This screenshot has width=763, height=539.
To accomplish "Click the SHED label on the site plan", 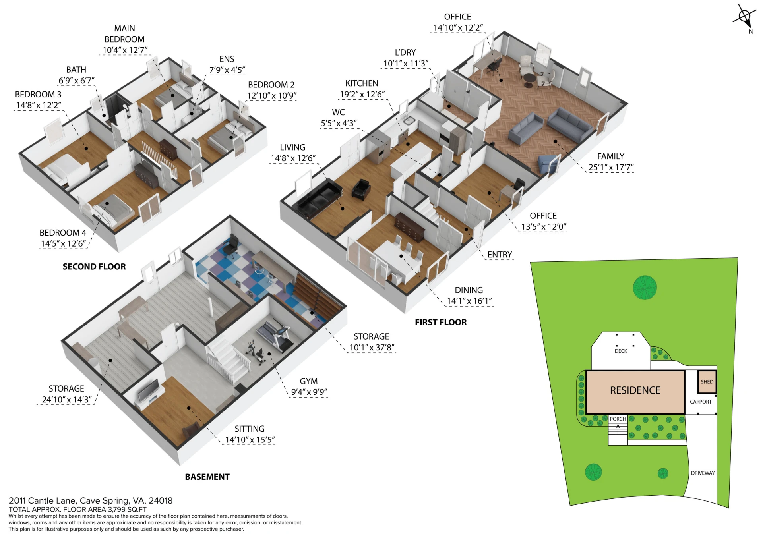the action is (x=707, y=382).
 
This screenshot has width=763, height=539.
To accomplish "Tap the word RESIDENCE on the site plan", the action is (x=635, y=390).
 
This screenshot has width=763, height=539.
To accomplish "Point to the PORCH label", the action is (x=618, y=419).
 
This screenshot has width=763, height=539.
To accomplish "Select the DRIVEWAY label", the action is (x=703, y=473).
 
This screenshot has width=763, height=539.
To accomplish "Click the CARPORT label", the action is (x=701, y=402).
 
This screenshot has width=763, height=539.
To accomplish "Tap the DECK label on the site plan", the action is (x=621, y=351).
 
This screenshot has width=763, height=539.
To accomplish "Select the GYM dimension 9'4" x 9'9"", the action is (x=309, y=392).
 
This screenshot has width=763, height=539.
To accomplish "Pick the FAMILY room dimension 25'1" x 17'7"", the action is (x=611, y=167).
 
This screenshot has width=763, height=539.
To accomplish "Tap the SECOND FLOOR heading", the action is (x=94, y=267).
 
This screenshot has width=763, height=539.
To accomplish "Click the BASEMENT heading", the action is (x=207, y=477).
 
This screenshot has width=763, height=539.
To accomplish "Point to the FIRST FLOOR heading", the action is (x=441, y=322).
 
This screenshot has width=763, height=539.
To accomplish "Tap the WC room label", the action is (x=338, y=112).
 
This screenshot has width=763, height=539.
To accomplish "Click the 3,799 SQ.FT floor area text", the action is (x=127, y=509).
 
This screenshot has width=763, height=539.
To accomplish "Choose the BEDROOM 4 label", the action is (x=63, y=233).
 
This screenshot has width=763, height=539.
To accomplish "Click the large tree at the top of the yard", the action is (x=645, y=287).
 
